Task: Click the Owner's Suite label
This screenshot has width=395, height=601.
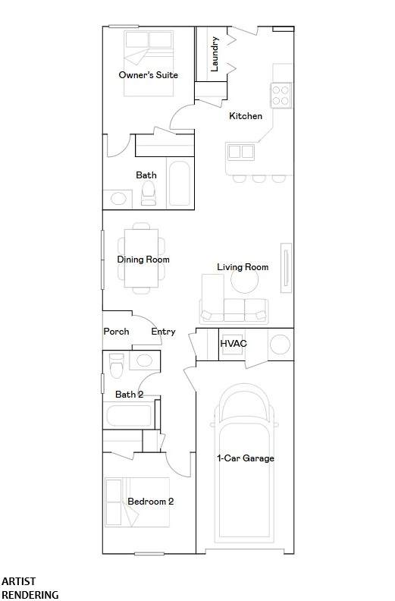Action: (x=149, y=74)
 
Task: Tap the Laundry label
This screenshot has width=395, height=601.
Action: (x=215, y=54)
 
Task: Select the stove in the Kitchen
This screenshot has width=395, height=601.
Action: (x=281, y=96)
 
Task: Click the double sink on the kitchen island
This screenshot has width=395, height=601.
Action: (x=240, y=152)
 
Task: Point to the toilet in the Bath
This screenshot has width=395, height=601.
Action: (x=149, y=194)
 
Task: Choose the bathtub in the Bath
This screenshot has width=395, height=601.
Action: (x=179, y=183)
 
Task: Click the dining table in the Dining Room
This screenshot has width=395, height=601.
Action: (x=141, y=258)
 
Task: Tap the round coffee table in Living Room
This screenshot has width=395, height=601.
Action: (x=244, y=279)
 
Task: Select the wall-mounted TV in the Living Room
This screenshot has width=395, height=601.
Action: (x=286, y=268)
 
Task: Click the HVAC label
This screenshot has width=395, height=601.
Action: (x=234, y=343)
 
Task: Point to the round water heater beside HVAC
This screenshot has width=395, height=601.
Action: (x=280, y=345)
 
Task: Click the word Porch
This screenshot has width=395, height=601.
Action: (x=116, y=331)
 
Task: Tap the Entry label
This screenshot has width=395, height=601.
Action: (x=163, y=332)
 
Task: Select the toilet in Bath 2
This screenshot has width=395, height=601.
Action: (x=117, y=365)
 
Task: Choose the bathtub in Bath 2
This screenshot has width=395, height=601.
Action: (x=129, y=416)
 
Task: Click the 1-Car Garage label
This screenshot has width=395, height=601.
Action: (x=246, y=458)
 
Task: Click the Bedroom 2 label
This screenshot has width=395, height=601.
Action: (x=151, y=502)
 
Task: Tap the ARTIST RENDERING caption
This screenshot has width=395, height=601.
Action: (x=30, y=588)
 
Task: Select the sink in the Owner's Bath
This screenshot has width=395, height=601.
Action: (x=118, y=199)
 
